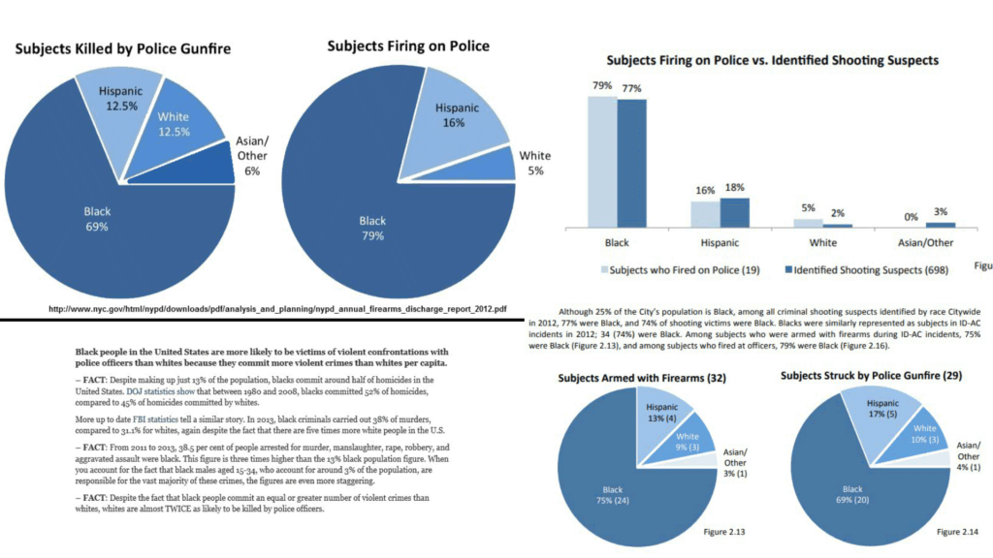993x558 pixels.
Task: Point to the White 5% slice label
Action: tap(534, 162)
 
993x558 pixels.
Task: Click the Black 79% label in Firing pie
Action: tap(371, 226)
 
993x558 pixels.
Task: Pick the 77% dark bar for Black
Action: tap(631, 163)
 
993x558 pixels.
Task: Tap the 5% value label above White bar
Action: tap(807, 206)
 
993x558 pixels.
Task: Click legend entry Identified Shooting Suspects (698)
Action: tap(871, 267)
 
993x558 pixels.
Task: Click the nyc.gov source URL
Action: tap(280, 309)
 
